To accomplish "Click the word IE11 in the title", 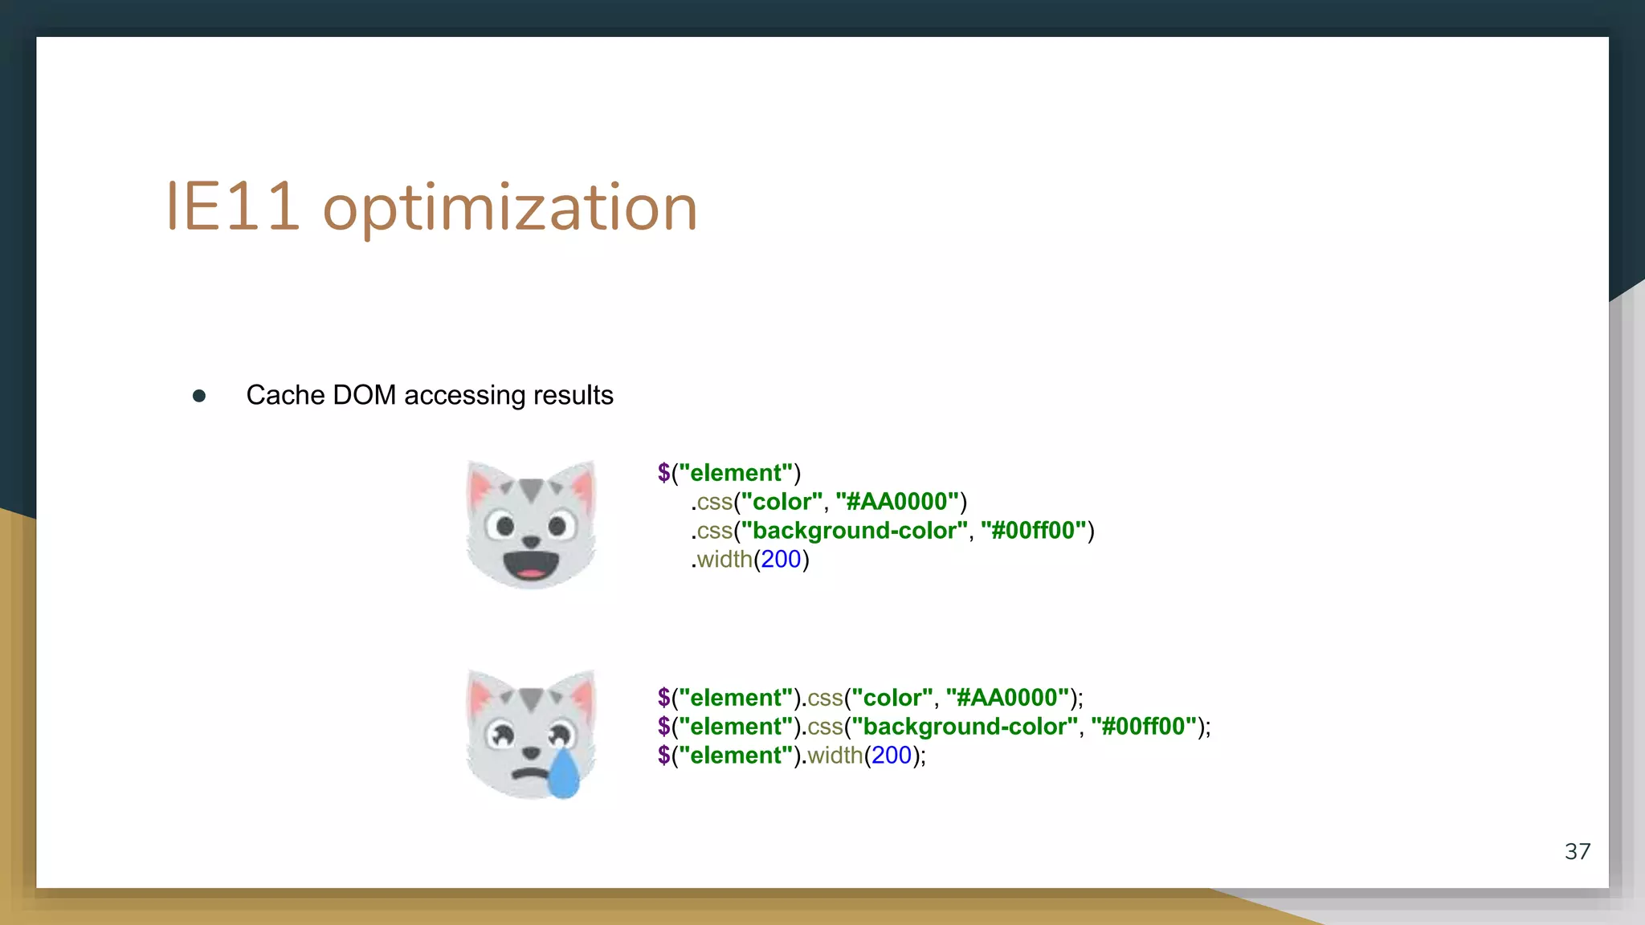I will [232, 208].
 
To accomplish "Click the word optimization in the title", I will [510, 209].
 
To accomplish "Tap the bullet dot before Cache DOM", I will [199, 396].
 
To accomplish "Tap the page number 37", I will [1578, 851].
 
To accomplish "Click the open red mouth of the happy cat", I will [531, 566].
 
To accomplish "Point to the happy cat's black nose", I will [531, 543].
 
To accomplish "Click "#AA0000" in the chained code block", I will [897, 502].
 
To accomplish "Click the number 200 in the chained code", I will [781, 560].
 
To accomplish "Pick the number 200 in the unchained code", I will [892, 756].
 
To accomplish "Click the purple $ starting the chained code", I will [663, 473].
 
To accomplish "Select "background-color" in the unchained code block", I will [964, 727].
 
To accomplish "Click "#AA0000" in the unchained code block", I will [1007, 698].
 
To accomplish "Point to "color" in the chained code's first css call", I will [782, 502].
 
